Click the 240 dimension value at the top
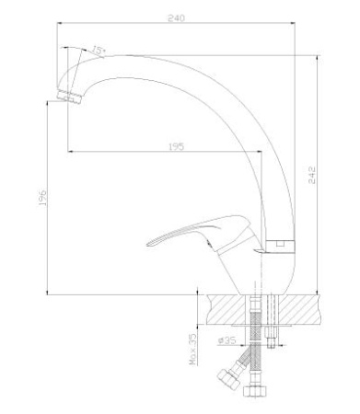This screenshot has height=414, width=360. point(176,18)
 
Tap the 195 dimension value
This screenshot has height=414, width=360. point(176,146)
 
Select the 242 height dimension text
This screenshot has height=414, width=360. point(312,175)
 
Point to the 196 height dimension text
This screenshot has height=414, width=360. point(42,198)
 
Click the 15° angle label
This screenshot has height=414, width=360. point(99,50)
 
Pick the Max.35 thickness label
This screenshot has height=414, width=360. point(193,349)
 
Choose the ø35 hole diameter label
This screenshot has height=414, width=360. point(227,340)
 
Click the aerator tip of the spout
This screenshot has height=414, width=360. point(70,97)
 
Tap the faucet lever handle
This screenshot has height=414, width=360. point(200,233)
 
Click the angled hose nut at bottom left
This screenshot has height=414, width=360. point(228,380)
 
